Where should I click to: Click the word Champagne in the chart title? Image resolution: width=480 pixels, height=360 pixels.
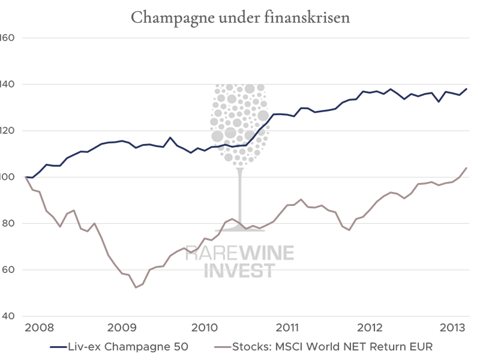(164, 17)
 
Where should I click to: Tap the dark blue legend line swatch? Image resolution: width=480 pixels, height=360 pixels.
(59, 347)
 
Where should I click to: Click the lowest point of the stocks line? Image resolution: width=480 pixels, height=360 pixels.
(136, 287)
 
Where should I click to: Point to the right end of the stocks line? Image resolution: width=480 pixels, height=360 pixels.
(467, 167)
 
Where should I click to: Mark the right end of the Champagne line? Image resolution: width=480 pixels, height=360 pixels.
(467, 89)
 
